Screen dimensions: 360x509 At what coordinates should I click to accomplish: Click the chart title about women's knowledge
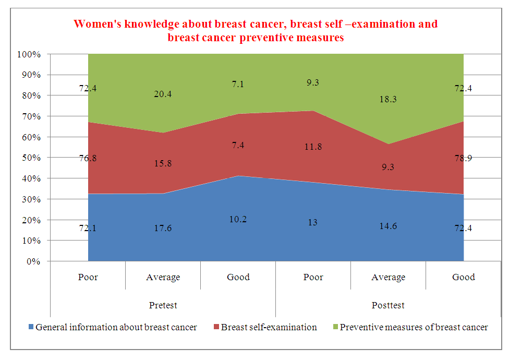coord(256,31)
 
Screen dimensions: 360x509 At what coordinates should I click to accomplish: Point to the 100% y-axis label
coord(29,54)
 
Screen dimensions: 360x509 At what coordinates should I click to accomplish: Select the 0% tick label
coord(34,261)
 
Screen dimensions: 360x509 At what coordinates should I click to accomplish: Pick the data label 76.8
coord(88,158)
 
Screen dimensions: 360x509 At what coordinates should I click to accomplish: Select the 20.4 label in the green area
coord(163,94)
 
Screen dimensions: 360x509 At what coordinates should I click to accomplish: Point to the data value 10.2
coord(238,219)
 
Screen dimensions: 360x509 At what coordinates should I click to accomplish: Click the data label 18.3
coord(389,99)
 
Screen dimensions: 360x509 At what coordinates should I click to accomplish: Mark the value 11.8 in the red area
coord(313,147)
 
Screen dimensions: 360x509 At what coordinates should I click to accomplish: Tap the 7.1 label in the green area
coord(238,85)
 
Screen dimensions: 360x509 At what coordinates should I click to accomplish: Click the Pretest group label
coord(163,305)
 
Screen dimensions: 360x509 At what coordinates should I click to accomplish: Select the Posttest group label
coord(389,305)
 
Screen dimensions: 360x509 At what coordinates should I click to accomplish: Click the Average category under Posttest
coord(389,277)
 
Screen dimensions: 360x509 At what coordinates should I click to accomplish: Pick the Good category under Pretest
coord(238,277)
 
